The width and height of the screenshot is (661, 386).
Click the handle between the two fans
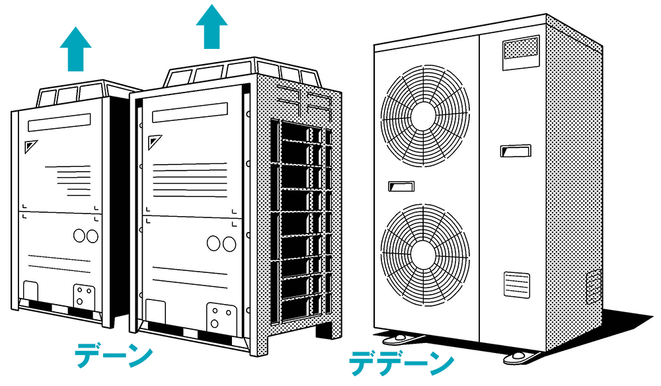click(401, 186)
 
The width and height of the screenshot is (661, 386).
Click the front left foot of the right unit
click(396, 336)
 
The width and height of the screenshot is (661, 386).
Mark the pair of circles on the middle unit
click(221, 243)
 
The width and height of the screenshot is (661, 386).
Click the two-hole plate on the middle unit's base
click(217, 316)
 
